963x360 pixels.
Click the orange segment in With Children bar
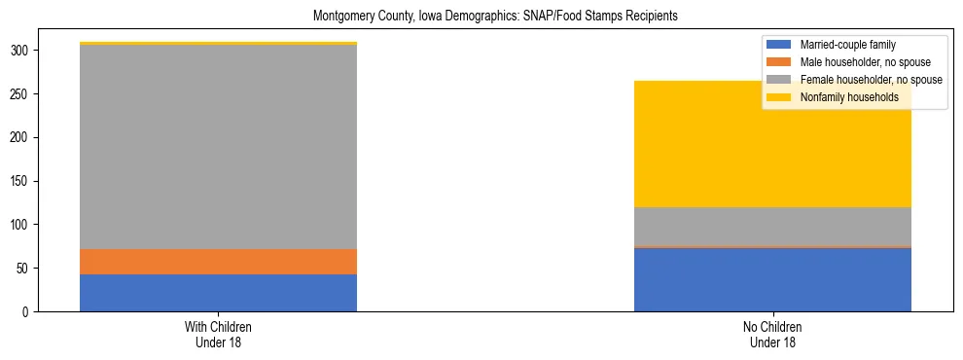(218, 262)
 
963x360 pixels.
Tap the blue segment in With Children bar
(218, 293)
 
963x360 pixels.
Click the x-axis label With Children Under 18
(218, 335)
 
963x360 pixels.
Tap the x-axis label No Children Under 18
(772, 335)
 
